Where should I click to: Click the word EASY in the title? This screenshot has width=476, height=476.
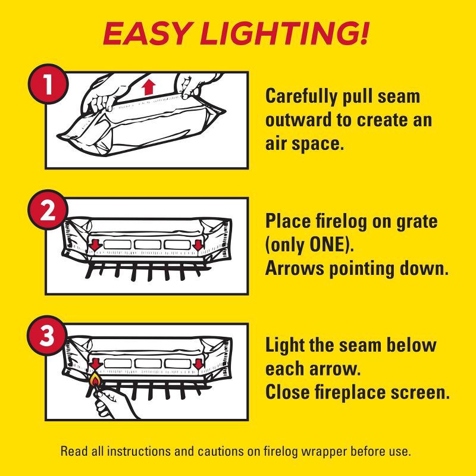[x=146, y=33]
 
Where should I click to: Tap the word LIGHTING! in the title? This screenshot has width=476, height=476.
[x=284, y=33]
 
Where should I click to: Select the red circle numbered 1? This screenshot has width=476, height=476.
[x=47, y=84]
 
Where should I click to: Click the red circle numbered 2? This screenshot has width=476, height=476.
[x=47, y=209]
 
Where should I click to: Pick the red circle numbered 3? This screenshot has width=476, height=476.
[x=47, y=335]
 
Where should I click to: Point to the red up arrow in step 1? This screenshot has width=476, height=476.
[x=148, y=86]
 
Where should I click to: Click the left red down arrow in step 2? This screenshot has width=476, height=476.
[x=95, y=245]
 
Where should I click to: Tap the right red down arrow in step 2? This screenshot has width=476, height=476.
[x=198, y=245]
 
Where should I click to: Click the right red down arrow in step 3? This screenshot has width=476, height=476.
[x=199, y=364]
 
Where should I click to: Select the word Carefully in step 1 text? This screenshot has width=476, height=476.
[x=301, y=97]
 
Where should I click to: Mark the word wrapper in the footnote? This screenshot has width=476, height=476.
[x=324, y=452]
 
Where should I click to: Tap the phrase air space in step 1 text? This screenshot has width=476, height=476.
[x=305, y=144]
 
